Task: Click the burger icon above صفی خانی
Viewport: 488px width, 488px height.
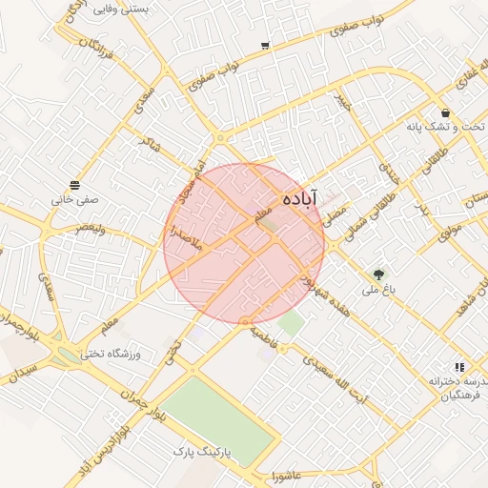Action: tap(74, 184)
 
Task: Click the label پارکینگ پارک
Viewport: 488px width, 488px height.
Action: tap(203, 447)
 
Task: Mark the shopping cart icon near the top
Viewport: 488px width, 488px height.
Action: tap(264, 45)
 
